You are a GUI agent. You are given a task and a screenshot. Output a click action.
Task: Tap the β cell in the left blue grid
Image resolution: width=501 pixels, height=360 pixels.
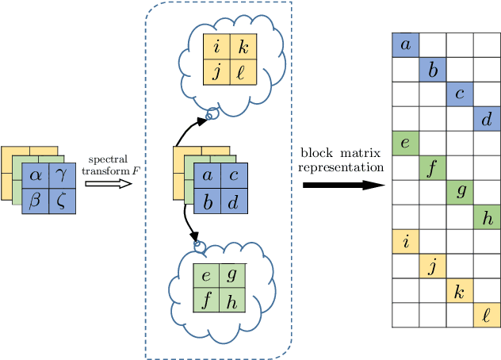click(35, 201)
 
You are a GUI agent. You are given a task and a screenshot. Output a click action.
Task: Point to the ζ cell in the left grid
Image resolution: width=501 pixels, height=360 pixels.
click(62, 201)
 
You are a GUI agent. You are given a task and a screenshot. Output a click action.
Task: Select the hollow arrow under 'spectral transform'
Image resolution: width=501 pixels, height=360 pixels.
click(103, 182)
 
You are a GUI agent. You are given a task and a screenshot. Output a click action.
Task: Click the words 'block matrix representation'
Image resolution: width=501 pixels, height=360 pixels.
click(342, 159)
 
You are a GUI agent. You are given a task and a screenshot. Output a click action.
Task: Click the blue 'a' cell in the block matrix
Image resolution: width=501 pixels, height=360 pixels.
click(405, 45)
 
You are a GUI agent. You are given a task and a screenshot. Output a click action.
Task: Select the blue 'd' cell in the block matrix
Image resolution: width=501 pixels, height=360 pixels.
click(487, 119)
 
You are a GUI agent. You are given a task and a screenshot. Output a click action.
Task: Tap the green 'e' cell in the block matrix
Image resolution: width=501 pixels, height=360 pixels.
click(405, 144)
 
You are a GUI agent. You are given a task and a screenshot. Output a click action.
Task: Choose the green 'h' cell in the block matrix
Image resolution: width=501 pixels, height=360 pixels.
click(487, 217)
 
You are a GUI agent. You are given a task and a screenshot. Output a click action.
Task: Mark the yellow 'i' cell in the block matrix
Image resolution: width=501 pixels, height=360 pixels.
click(405, 242)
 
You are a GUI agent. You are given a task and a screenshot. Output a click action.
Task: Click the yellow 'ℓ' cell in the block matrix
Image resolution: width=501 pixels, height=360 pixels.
click(487, 316)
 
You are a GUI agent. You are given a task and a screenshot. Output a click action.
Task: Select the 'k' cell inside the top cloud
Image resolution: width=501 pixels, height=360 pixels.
click(243, 48)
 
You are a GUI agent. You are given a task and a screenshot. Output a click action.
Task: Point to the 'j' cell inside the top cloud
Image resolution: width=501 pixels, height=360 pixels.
click(216, 73)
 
